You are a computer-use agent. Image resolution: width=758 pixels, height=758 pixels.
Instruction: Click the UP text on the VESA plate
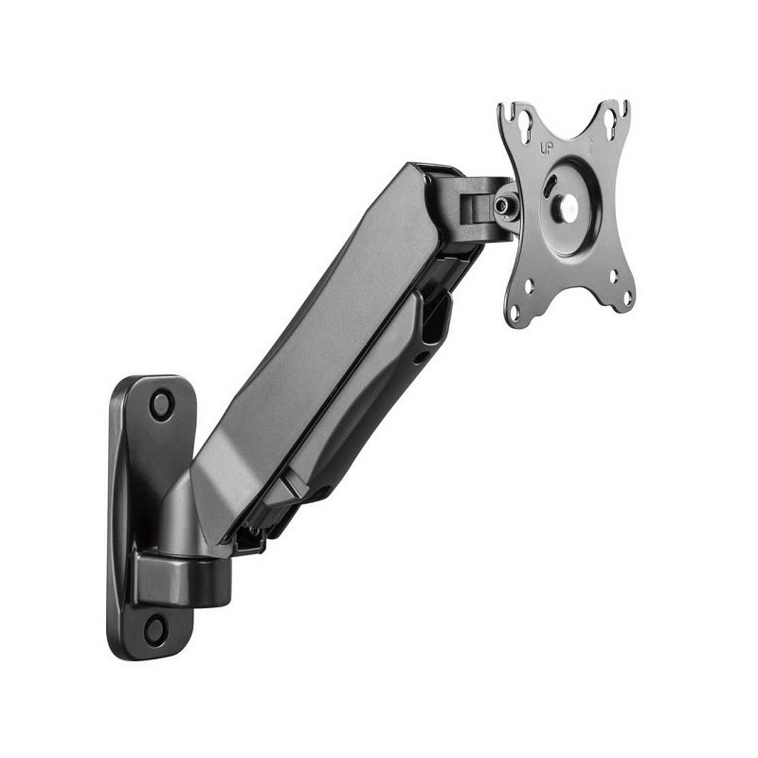(546, 148)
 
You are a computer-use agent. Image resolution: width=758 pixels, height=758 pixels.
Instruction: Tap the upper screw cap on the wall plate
(162, 405)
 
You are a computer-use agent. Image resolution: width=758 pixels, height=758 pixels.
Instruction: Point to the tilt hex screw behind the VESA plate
(503, 204)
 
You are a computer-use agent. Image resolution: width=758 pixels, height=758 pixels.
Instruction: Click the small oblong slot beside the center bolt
(550, 188)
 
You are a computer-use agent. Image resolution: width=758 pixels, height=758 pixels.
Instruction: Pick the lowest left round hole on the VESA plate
(515, 315)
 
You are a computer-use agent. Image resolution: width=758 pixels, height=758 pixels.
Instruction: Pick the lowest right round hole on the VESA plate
(626, 298)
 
